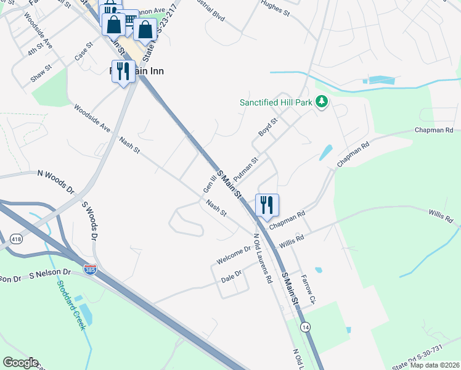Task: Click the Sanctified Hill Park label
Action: pyautogui.click(x=276, y=102)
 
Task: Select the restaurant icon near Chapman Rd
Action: pyautogui.click(x=267, y=205)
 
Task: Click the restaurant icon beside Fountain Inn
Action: pyautogui.click(x=123, y=72)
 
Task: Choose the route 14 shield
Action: pyautogui.click(x=306, y=326)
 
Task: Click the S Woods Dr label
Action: pyautogui.click(x=90, y=220)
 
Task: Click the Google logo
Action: pyautogui.click(x=20, y=363)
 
